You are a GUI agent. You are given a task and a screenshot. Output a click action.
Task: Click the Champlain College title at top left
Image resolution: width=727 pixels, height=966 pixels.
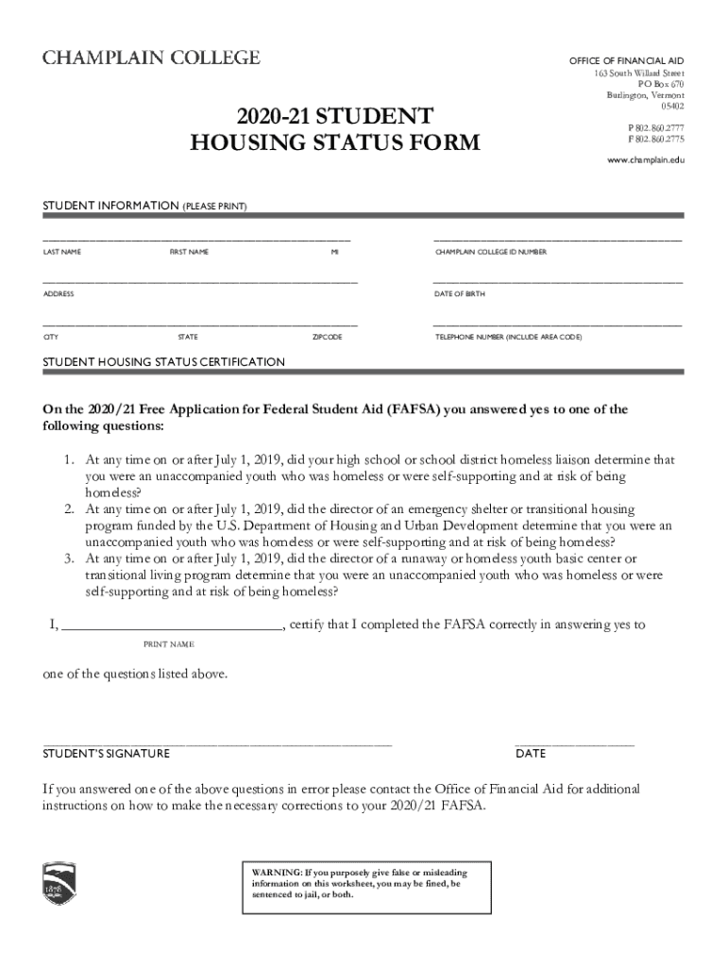point(150,58)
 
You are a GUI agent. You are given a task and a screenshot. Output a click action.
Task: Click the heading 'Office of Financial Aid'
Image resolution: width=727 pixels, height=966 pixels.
point(626,61)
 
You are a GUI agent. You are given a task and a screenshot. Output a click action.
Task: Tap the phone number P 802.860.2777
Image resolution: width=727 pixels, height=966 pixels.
point(655,127)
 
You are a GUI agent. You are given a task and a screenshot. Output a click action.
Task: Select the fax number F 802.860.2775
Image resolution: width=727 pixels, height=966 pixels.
point(655,140)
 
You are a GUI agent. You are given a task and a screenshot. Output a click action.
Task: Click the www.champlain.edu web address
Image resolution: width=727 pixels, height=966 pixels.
point(645,160)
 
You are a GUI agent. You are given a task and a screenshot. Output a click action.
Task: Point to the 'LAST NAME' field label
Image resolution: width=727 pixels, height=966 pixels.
point(62,253)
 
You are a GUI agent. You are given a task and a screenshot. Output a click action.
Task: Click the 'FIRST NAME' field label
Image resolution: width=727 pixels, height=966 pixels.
point(189,253)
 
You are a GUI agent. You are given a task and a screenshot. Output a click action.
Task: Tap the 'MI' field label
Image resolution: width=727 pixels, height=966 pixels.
point(334,253)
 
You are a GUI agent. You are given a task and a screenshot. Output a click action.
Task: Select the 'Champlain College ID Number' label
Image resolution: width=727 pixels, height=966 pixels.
point(490,253)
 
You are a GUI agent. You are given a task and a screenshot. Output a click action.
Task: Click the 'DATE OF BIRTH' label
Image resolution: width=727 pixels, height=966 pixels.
point(460,294)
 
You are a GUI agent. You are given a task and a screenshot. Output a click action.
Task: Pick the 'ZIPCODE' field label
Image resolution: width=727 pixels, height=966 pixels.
point(327,337)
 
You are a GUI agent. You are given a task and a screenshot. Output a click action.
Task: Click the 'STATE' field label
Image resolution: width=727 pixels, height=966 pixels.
point(188,337)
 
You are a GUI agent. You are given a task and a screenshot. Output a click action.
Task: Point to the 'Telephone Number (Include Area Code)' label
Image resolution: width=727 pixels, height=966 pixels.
point(508,337)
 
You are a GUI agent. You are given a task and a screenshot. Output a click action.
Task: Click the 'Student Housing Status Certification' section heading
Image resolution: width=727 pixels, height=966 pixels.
point(163,362)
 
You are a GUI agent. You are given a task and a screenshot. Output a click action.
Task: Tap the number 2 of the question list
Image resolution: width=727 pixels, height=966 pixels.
point(70,509)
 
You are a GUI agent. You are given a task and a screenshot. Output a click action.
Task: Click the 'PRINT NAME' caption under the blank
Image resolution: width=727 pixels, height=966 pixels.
point(168,644)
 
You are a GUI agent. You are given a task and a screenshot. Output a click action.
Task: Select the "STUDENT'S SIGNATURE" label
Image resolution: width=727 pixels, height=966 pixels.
point(107,754)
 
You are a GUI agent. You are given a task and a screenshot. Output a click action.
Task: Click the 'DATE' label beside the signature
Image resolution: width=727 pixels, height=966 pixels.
point(531,754)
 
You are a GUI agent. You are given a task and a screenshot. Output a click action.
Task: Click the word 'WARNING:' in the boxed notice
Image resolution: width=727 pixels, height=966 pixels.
point(277,874)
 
